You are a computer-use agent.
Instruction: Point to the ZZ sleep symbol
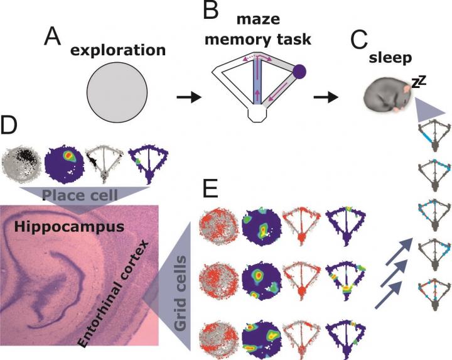click(x=419, y=80)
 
